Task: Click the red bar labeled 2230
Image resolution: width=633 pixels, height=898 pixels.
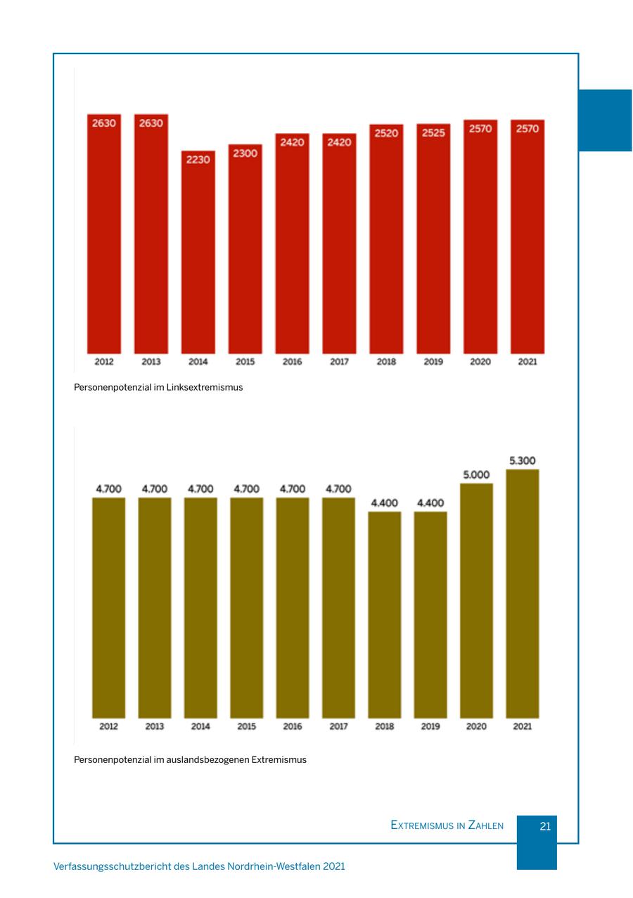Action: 198,253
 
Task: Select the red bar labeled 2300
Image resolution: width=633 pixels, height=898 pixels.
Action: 245,250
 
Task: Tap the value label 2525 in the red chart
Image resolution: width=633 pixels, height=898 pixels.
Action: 433,133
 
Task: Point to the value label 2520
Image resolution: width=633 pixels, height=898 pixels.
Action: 386,133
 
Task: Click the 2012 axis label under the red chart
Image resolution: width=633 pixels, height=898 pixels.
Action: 104,362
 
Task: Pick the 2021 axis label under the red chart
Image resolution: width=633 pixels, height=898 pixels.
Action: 527,362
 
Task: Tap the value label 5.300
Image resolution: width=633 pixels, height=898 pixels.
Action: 522,461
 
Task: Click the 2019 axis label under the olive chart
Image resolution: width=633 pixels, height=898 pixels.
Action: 430,726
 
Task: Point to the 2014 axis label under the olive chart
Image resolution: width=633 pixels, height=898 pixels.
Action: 200,726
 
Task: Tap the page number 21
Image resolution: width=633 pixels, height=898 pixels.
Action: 545,826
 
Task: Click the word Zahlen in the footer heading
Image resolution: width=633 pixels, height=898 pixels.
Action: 486,826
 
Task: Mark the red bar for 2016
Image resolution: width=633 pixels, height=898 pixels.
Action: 292,243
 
